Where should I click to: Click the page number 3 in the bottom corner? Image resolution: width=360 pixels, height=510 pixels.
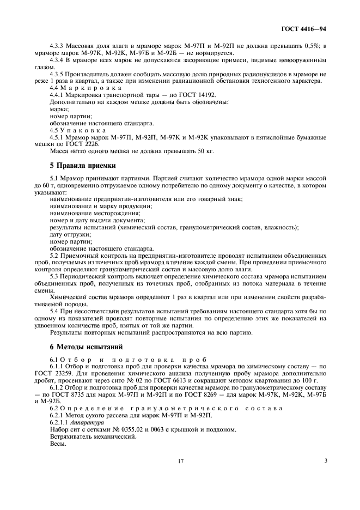pyautogui.click(x=325, y=460)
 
